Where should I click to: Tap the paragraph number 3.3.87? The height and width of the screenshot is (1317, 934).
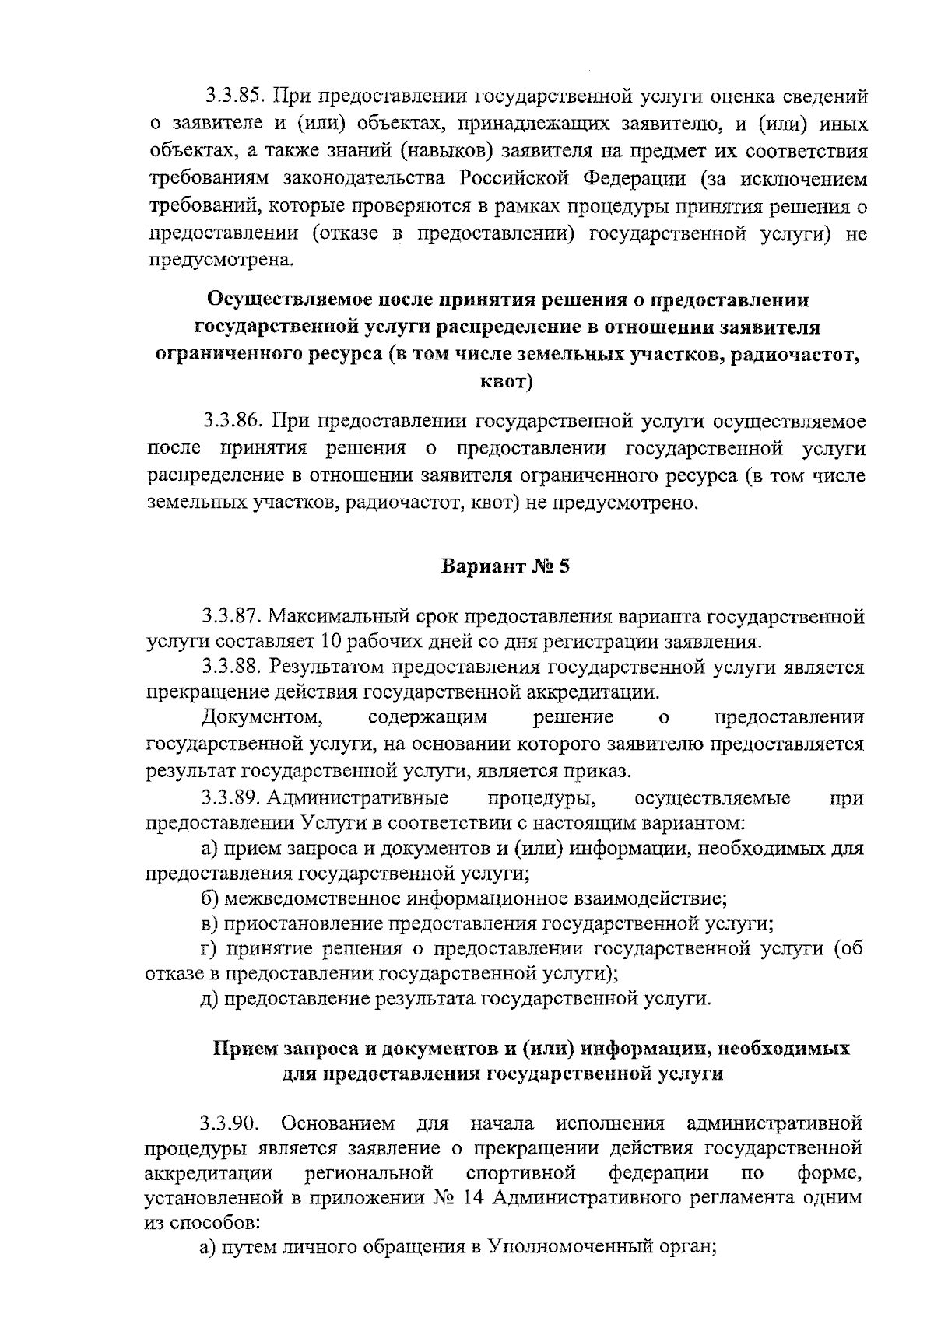pyautogui.click(x=234, y=617)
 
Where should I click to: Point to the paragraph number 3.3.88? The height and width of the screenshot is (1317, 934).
pyautogui.click(x=234, y=667)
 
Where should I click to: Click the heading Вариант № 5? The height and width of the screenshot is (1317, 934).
pyautogui.click(x=506, y=566)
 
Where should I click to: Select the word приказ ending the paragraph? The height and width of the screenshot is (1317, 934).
pyautogui.click(x=599, y=771)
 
